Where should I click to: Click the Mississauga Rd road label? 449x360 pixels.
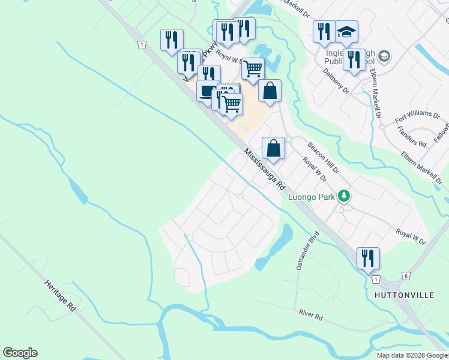point(264,170)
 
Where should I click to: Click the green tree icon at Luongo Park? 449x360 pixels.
point(343,196)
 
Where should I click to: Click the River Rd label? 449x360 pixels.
point(312,314)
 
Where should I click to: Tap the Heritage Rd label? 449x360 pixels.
point(60,295)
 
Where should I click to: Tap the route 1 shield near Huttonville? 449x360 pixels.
point(375,280)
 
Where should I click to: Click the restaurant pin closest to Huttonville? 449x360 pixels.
point(367,257)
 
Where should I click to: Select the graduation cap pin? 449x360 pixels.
point(346,31)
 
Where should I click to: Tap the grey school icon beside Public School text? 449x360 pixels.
point(384,56)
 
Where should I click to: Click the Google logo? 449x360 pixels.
point(20,353)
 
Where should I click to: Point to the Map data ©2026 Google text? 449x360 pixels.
point(412,355)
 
